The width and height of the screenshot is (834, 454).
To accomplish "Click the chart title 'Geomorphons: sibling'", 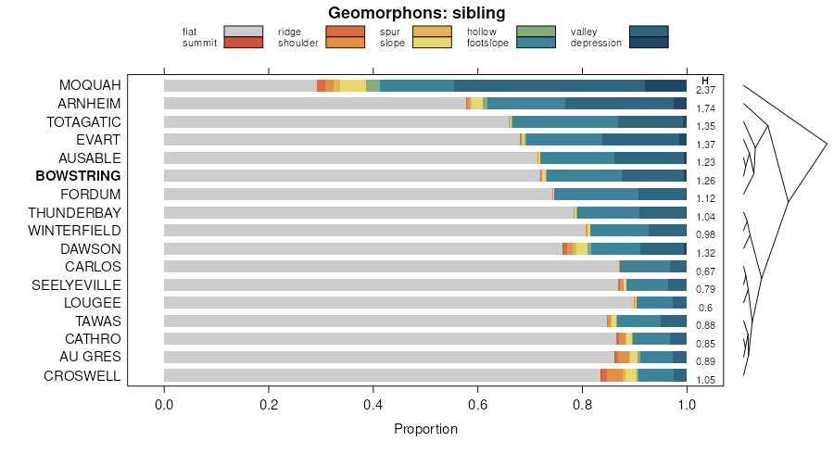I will click(417, 13).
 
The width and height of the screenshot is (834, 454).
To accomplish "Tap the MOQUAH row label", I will click(90, 85).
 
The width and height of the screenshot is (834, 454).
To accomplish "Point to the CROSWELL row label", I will click(82, 376).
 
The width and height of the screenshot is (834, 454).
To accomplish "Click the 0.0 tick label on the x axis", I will click(164, 404).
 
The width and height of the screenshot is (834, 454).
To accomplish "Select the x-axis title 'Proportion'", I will click(425, 429).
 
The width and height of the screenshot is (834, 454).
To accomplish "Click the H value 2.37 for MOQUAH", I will click(705, 90).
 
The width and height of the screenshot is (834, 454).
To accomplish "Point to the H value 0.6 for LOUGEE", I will click(705, 308).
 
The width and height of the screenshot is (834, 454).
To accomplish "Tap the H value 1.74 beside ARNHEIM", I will click(705, 108).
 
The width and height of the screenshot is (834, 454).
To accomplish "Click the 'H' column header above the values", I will click(705, 81).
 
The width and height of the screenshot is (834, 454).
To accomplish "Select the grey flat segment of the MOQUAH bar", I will click(240, 85).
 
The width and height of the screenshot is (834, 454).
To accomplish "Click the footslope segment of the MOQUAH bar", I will click(417, 85).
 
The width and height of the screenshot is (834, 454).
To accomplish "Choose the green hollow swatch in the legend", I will click(535, 32).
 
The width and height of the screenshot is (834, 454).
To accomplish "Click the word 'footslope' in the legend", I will click(487, 43).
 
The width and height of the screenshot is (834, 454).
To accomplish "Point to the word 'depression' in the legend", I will click(596, 43).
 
